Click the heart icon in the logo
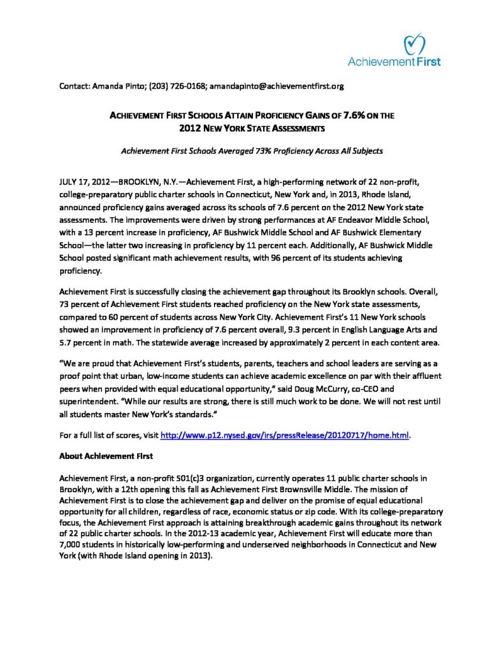click(x=415, y=45)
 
